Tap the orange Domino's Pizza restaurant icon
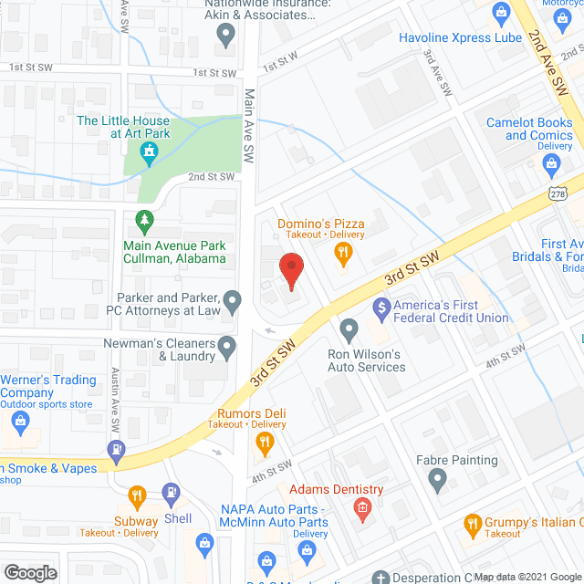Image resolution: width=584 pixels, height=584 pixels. pyautogui.click(x=343, y=256)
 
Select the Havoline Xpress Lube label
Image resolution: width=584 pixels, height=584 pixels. pyautogui.click(x=460, y=37)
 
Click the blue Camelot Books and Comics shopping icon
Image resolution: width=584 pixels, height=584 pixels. pyautogui.click(x=550, y=164)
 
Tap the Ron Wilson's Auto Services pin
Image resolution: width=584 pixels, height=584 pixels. pyautogui.click(x=348, y=328)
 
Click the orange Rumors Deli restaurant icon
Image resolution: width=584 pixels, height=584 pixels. pyautogui.click(x=265, y=444)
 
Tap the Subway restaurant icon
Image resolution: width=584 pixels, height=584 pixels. pyautogui.click(x=137, y=496)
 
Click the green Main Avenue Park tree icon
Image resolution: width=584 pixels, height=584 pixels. pyautogui.click(x=142, y=221)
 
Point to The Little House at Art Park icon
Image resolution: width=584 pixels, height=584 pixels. pyautogui.click(x=149, y=157)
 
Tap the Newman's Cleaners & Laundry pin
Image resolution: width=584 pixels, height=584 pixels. pyautogui.click(x=227, y=346)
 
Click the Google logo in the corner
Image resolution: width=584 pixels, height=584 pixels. pyautogui.click(x=29, y=572)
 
